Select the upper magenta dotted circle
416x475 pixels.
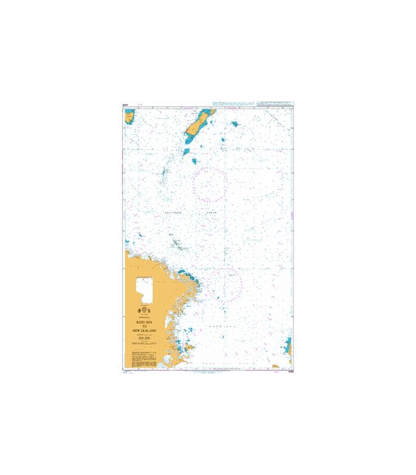pyautogui.click(x=210, y=183)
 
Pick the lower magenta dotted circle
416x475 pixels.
pyautogui.click(x=228, y=284)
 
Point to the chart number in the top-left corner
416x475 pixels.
pyautogui.click(x=125, y=105)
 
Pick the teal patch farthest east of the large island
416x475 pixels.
pyautogui.click(x=235, y=125)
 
